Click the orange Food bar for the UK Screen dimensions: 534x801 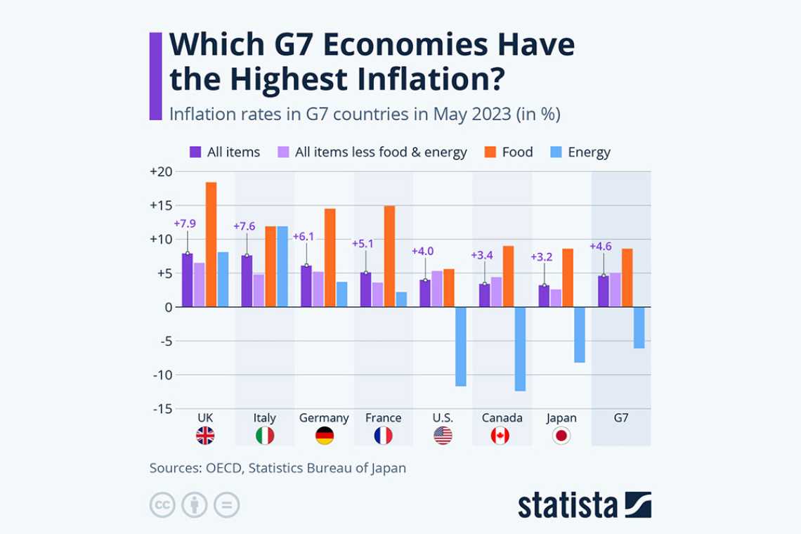(x=211, y=245)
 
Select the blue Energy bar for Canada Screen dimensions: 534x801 (x=520, y=349)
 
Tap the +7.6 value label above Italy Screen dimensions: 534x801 (x=244, y=226)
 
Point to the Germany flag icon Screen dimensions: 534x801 (x=325, y=436)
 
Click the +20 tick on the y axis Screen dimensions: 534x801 (x=160, y=172)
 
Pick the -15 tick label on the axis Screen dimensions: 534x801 (x=161, y=408)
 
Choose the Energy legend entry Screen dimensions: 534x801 (x=589, y=152)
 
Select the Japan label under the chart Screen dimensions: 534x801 (x=561, y=418)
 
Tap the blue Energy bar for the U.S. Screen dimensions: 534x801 (x=460, y=346)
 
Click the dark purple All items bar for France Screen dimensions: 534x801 (x=365, y=289)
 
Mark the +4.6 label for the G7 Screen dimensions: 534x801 (x=601, y=246)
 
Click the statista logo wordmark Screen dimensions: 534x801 (x=568, y=505)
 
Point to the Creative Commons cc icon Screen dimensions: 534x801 (x=162, y=504)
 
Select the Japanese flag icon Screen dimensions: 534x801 (x=561, y=436)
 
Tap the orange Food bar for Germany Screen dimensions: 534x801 (x=330, y=258)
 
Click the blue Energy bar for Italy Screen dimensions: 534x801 (x=282, y=266)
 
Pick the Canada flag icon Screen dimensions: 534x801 (x=500, y=436)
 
